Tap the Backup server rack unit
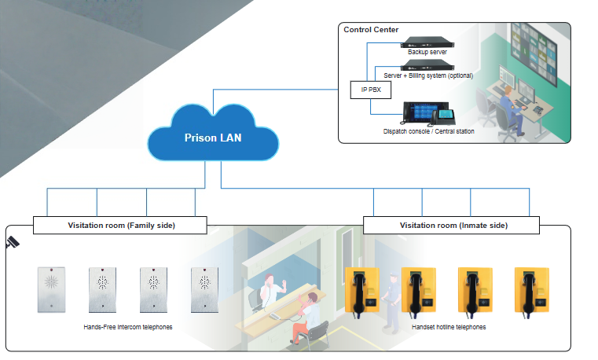point(428,42)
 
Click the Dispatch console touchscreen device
point(416,114)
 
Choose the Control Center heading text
point(371,30)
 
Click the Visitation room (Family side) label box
point(120,226)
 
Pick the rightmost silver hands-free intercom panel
point(204,290)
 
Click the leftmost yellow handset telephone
point(362,291)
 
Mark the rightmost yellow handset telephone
point(531,291)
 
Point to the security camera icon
point(13,242)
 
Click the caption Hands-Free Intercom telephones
point(127,326)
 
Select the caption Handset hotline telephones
point(448,326)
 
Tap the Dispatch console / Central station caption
point(428,131)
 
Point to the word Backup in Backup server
point(417,52)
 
